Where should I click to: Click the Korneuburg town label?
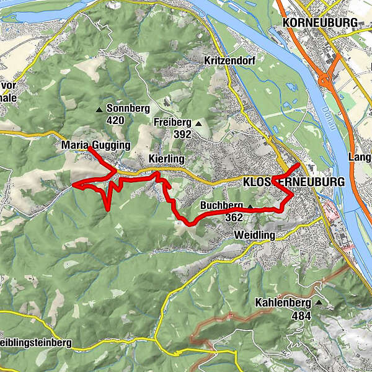click(320, 23)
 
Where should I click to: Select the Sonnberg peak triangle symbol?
click(99, 110)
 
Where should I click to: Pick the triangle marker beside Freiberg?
click(198, 123)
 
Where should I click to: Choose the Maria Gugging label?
click(96, 146)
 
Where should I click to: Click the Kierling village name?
click(167, 159)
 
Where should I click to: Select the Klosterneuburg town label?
click(293, 182)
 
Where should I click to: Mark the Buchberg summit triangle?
click(250, 206)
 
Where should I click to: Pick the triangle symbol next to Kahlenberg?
click(319, 303)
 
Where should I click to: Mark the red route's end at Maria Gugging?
click(89, 148)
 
